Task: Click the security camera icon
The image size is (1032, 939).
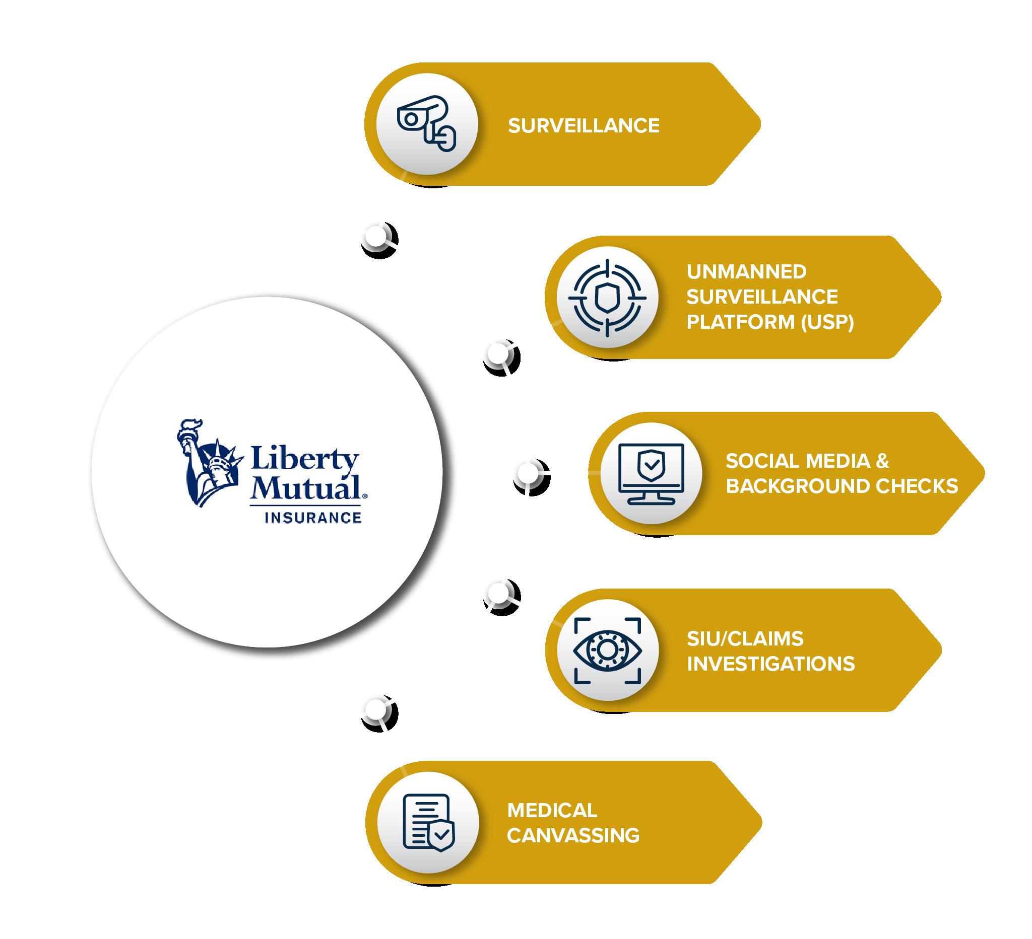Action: click(x=426, y=123)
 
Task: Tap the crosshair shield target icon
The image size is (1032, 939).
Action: click(x=607, y=297)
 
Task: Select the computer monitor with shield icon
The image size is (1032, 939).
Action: click(x=651, y=474)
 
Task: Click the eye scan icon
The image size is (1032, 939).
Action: click(x=607, y=649)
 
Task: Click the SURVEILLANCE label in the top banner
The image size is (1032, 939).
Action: click(x=584, y=126)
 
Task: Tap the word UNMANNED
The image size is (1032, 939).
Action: click(x=746, y=271)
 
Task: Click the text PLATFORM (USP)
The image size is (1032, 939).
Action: click(x=770, y=322)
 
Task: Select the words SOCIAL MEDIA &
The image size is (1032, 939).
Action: click(x=807, y=461)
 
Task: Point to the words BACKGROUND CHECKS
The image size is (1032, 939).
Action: click(x=842, y=486)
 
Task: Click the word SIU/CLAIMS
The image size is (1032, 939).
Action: click(x=745, y=638)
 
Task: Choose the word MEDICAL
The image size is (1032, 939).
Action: click(x=552, y=810)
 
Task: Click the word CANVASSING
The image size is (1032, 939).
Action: click(x=573, y=836)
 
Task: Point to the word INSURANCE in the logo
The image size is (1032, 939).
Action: click(x=313, y=518)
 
